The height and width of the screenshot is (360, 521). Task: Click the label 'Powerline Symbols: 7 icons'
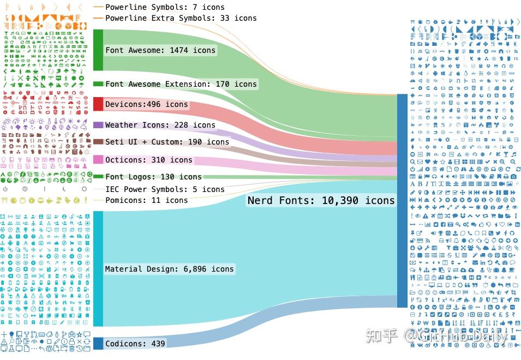click(x=165, y=8)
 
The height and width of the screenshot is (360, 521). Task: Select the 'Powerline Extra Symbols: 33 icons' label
click(x=181, y=18)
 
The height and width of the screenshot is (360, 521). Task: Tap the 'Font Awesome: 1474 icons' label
click(x=160, y=50)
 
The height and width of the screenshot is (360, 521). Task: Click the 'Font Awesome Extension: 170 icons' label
click(x=181, y=84)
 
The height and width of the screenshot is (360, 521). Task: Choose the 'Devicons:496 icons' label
click(x=146, y=104)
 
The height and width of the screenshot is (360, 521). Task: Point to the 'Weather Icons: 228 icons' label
click(x=160, y=125)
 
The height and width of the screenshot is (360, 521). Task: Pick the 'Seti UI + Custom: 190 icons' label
click(x=167, y=142)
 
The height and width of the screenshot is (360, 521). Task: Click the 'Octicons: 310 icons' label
click(x=148, y=160)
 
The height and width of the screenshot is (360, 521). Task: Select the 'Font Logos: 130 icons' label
click(x=153, y=177)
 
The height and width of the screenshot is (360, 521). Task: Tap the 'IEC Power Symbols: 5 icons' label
click(x=165, y=189)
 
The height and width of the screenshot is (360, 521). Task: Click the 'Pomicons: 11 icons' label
click(x=146, y=200)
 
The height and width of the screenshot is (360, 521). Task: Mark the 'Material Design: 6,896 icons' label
click(x=169, y=269)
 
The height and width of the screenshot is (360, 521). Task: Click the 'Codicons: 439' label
click(x=135, y=344)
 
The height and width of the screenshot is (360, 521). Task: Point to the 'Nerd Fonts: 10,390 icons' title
click(x=321, y=200)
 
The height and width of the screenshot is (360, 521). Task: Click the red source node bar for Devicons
click(x=98, y=104)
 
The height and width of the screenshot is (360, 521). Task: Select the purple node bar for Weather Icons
click(x=98, y=125)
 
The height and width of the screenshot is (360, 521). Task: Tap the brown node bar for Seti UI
click(x=98, y=142)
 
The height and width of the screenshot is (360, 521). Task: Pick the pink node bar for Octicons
click(x=98, y=159)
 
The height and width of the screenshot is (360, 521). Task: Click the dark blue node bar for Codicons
click(x=98, y=343)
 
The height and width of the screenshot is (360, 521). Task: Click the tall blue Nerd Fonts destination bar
click(x=402, y=200)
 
